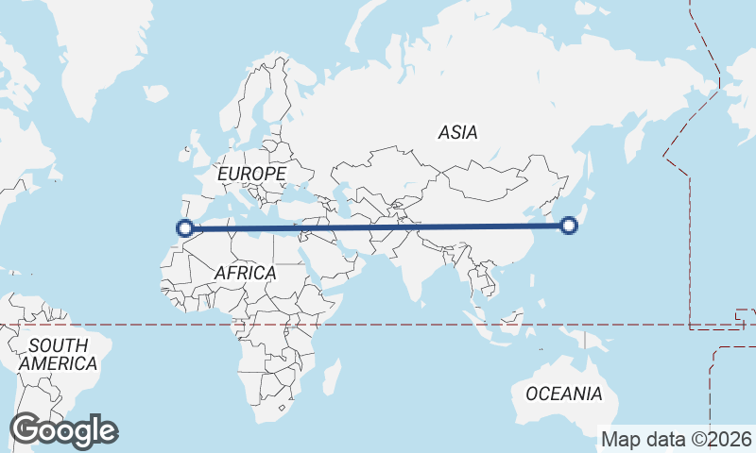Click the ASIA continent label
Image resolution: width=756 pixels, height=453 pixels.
tap(457, 133)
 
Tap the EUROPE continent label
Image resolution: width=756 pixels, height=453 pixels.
tap(250, 175)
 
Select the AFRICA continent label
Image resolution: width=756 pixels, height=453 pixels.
tap(245, 273)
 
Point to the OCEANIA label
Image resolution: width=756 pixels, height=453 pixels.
tap(563, 394)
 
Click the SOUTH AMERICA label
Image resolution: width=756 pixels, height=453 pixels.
tap(58, 354)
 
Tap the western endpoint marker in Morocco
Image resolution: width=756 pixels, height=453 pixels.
tap(185, 227)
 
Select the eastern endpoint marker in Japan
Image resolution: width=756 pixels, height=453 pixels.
tap(569, 225)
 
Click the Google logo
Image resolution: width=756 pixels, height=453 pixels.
tap(63, 430)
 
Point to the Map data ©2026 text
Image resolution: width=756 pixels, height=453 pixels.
tap(677, 439)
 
